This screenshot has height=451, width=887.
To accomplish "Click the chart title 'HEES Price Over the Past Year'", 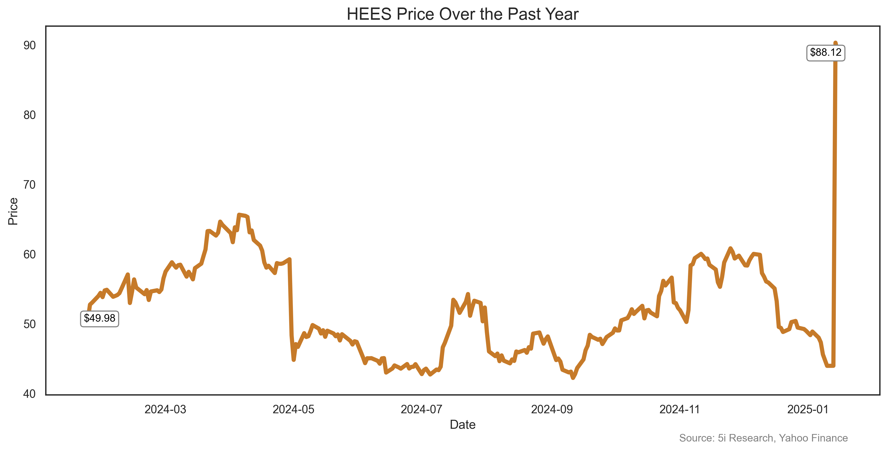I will click(x=462, y=14).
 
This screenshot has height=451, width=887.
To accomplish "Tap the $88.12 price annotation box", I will click(x=825, y=53).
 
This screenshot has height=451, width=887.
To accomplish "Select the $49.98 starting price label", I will click(x=99, y=318).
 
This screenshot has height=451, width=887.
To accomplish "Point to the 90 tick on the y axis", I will click(x=30, y=45).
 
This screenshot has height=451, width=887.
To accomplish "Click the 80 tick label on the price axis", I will click(x=30, y=115).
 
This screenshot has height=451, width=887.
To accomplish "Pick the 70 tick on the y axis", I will click(x=30, y=185).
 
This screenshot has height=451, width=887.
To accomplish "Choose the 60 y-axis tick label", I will click(x=30, y=255).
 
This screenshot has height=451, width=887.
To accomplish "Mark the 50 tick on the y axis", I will click(x=30, y=324).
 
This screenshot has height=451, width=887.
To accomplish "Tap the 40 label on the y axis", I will click(x=30, y=394).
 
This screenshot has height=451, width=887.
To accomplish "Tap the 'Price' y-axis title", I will click(x=13, y=211).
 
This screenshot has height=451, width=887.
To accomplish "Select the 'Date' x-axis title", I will click(x=462, y=425).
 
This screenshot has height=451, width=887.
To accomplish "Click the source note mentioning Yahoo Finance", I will click(x=763, y=438).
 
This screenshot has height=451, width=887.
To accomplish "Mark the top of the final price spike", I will click(x=835, y=43).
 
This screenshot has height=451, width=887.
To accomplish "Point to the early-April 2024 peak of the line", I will click(x=239, y=215).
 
